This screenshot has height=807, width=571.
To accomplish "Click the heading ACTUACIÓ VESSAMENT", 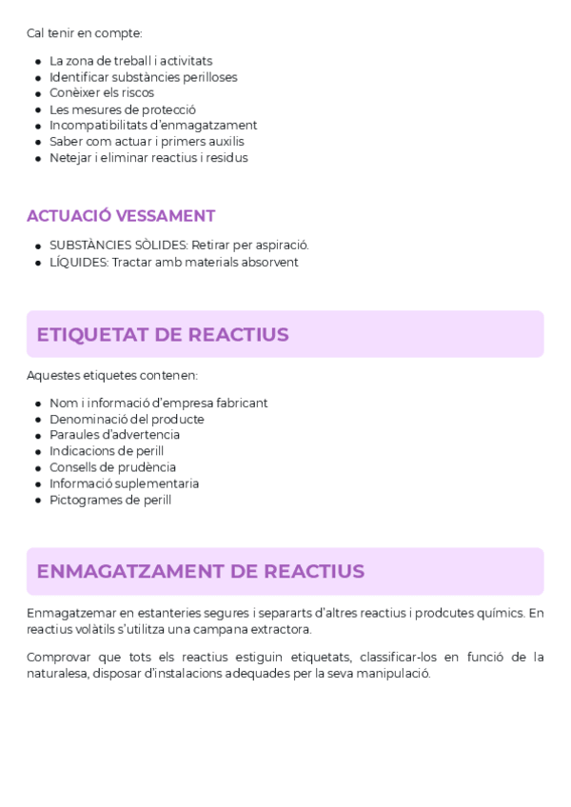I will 121,216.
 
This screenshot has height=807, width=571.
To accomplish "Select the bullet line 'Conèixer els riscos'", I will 102,93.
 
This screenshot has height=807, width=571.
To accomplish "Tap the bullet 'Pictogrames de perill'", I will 110,500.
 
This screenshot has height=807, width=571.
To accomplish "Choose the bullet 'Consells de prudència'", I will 112,467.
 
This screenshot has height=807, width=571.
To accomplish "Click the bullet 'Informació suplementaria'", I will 124,483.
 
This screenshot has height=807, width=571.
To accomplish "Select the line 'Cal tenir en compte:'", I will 85,33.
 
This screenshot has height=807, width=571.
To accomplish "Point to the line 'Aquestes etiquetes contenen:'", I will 112,375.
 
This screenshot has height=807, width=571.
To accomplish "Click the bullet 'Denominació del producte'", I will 127,419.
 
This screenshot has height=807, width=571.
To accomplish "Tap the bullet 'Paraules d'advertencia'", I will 114,435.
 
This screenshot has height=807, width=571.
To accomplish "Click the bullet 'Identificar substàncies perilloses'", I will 144,77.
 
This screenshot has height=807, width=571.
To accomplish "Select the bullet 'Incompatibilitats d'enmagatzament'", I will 153,126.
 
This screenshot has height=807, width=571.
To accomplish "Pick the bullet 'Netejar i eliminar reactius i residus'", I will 148,158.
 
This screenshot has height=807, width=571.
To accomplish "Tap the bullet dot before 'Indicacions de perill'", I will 38,452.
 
